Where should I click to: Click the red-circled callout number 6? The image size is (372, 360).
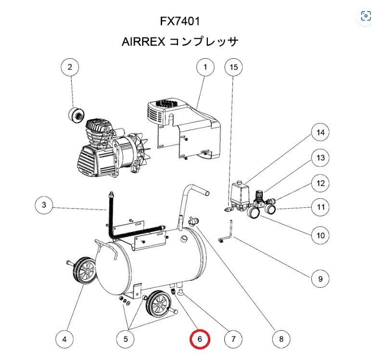[200, 339]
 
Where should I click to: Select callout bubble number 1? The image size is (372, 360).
[205, 68]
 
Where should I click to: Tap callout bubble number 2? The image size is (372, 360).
[70, 68]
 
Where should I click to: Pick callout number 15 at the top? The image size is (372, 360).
[234, 68]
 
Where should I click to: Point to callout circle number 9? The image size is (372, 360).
[319, 278]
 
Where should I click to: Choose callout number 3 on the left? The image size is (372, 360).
[44, 206]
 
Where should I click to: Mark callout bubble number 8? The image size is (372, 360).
[278, 339]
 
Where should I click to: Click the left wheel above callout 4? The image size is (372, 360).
[84, 271]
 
